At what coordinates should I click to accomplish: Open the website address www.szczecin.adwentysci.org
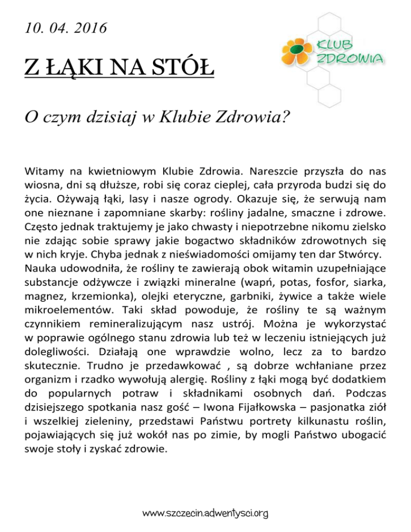coord(205,514)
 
